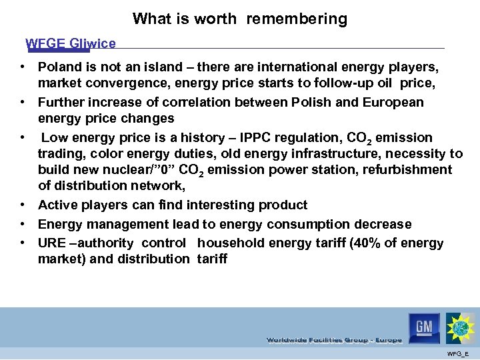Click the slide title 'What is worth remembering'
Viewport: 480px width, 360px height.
pos(240,19)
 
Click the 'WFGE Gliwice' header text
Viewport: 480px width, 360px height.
pos(71,44)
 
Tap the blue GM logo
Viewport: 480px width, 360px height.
pos(424,327)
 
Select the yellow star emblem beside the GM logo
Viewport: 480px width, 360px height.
pos(461,328)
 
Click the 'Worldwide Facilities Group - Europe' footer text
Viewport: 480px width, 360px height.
pos(334,340)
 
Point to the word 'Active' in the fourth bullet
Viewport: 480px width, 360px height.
pos(57,205)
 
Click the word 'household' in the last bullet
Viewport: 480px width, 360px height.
pos(229,243)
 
